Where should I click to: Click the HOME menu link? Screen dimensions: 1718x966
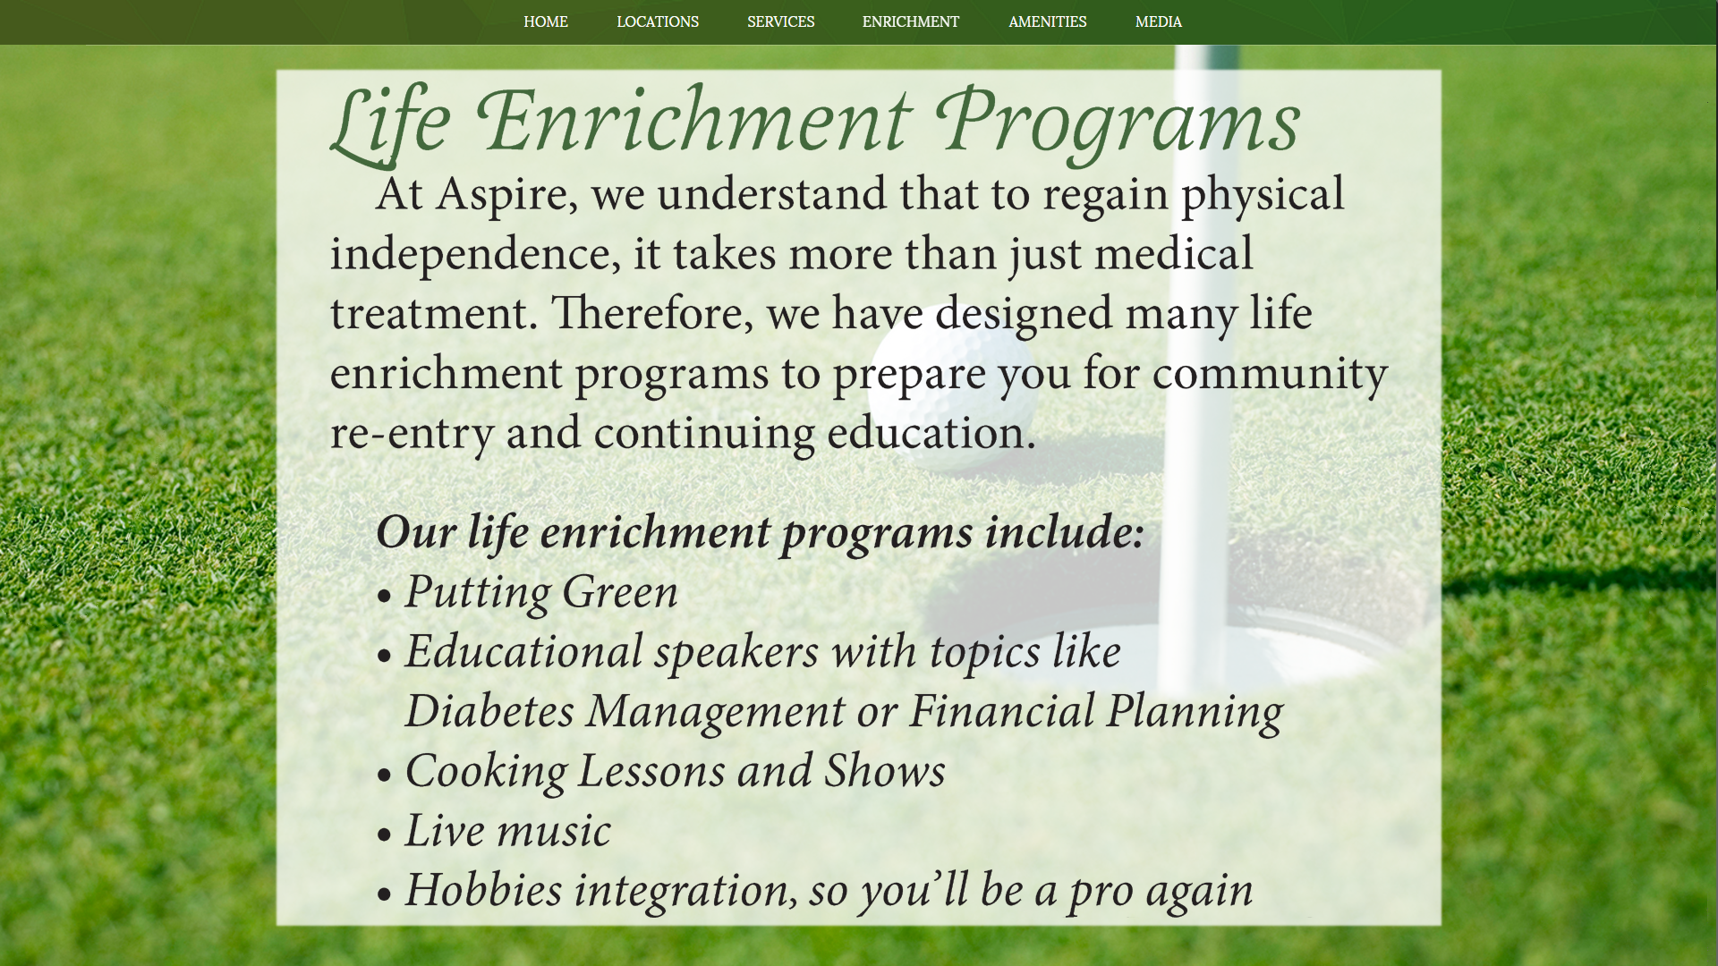pyautogui.click(x=546, y=21)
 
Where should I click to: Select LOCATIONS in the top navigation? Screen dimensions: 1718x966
pyautogui.click(x=658, y=21)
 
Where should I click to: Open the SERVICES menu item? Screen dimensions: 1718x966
pyautogui.click(x=781, y=21)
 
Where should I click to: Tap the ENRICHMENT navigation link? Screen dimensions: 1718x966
pyautogui.click(x=911, y=21)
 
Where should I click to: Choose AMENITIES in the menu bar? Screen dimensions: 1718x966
pyautogui.click(x=1048, y=21)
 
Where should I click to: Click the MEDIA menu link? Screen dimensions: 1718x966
pyautogui.click(x=1159, y=21)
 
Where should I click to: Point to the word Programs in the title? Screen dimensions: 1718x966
pyautogui.click(x=1118, y=123)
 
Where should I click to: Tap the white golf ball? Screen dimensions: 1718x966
pyautogui.click(x=952, y=385)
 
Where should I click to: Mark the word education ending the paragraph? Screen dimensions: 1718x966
pyautogui.click(x=931, y=433)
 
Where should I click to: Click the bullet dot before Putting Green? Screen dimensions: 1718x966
pyautogui.click(x=385, y=597)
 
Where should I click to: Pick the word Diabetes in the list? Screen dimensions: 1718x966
pyautogui.click(x=489, y=711)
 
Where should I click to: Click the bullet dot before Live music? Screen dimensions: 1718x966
pyautogui.click(x=385, y=835)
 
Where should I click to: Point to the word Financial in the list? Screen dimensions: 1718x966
pyautogui.click(x=1002, y=711)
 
